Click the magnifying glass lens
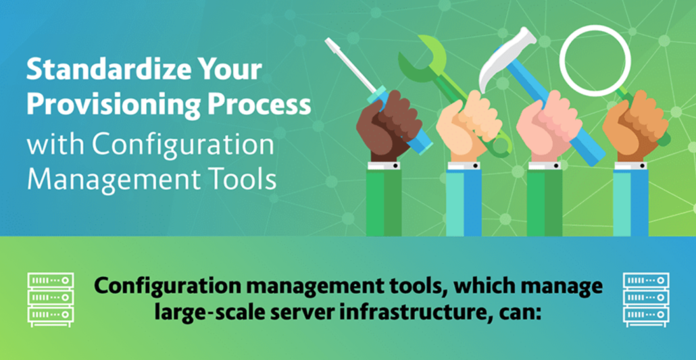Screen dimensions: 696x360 pyautogui.click(x=595, y=61)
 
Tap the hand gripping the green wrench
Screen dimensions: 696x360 pyautogui.click(x=468, y=126)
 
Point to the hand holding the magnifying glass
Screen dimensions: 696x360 pyautogui.click(x=635, y=126)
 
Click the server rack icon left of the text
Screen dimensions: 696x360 pyautogui.click(x=51, y=300)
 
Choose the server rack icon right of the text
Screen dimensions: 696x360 pyautogui.click(x=646, y=300)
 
